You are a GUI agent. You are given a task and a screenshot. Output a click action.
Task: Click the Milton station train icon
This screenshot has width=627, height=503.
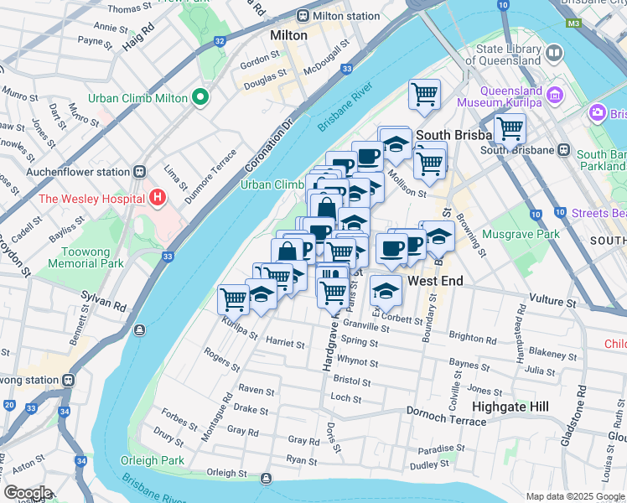pos(303,16)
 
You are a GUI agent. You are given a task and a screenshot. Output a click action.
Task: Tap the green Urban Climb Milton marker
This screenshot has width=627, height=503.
pos(199,98)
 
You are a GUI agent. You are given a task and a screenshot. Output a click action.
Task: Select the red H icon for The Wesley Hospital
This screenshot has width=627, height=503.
pos(157,198)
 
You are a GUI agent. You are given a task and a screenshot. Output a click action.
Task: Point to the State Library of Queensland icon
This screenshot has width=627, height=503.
pos(554,54)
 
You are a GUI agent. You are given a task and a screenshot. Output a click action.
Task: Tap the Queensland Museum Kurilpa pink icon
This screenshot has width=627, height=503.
pos(554,96)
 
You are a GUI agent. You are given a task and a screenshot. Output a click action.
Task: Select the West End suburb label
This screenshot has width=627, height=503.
pos(435,281)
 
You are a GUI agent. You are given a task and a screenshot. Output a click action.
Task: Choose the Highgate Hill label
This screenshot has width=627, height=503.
pos(510,406)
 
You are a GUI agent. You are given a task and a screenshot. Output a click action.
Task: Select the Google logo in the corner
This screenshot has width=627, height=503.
pos(27,493)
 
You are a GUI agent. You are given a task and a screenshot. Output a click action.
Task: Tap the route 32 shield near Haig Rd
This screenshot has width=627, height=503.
pos(219,40)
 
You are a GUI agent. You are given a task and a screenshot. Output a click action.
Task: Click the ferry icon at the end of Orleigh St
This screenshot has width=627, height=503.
pos(266,479)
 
